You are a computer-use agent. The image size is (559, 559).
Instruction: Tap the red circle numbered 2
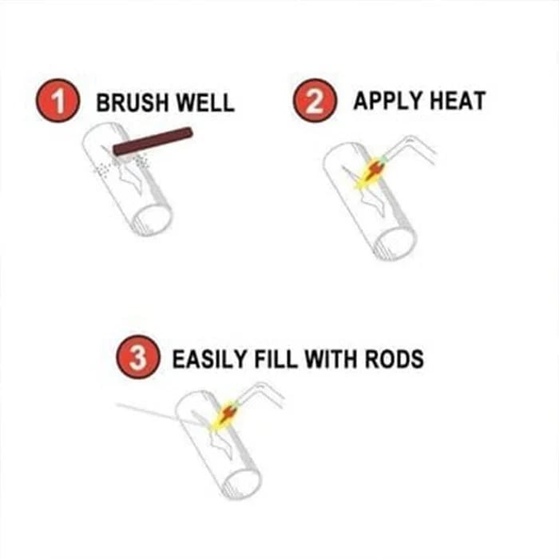click(312, 101)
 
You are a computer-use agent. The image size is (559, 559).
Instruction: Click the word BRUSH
click(130, 103)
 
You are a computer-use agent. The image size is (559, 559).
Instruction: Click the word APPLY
click(387, 101)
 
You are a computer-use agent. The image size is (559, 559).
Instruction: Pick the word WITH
click(339, 359)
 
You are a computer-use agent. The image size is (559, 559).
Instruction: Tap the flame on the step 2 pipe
click(372, 172)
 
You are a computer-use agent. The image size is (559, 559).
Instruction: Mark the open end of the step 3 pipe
click(241, 482)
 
